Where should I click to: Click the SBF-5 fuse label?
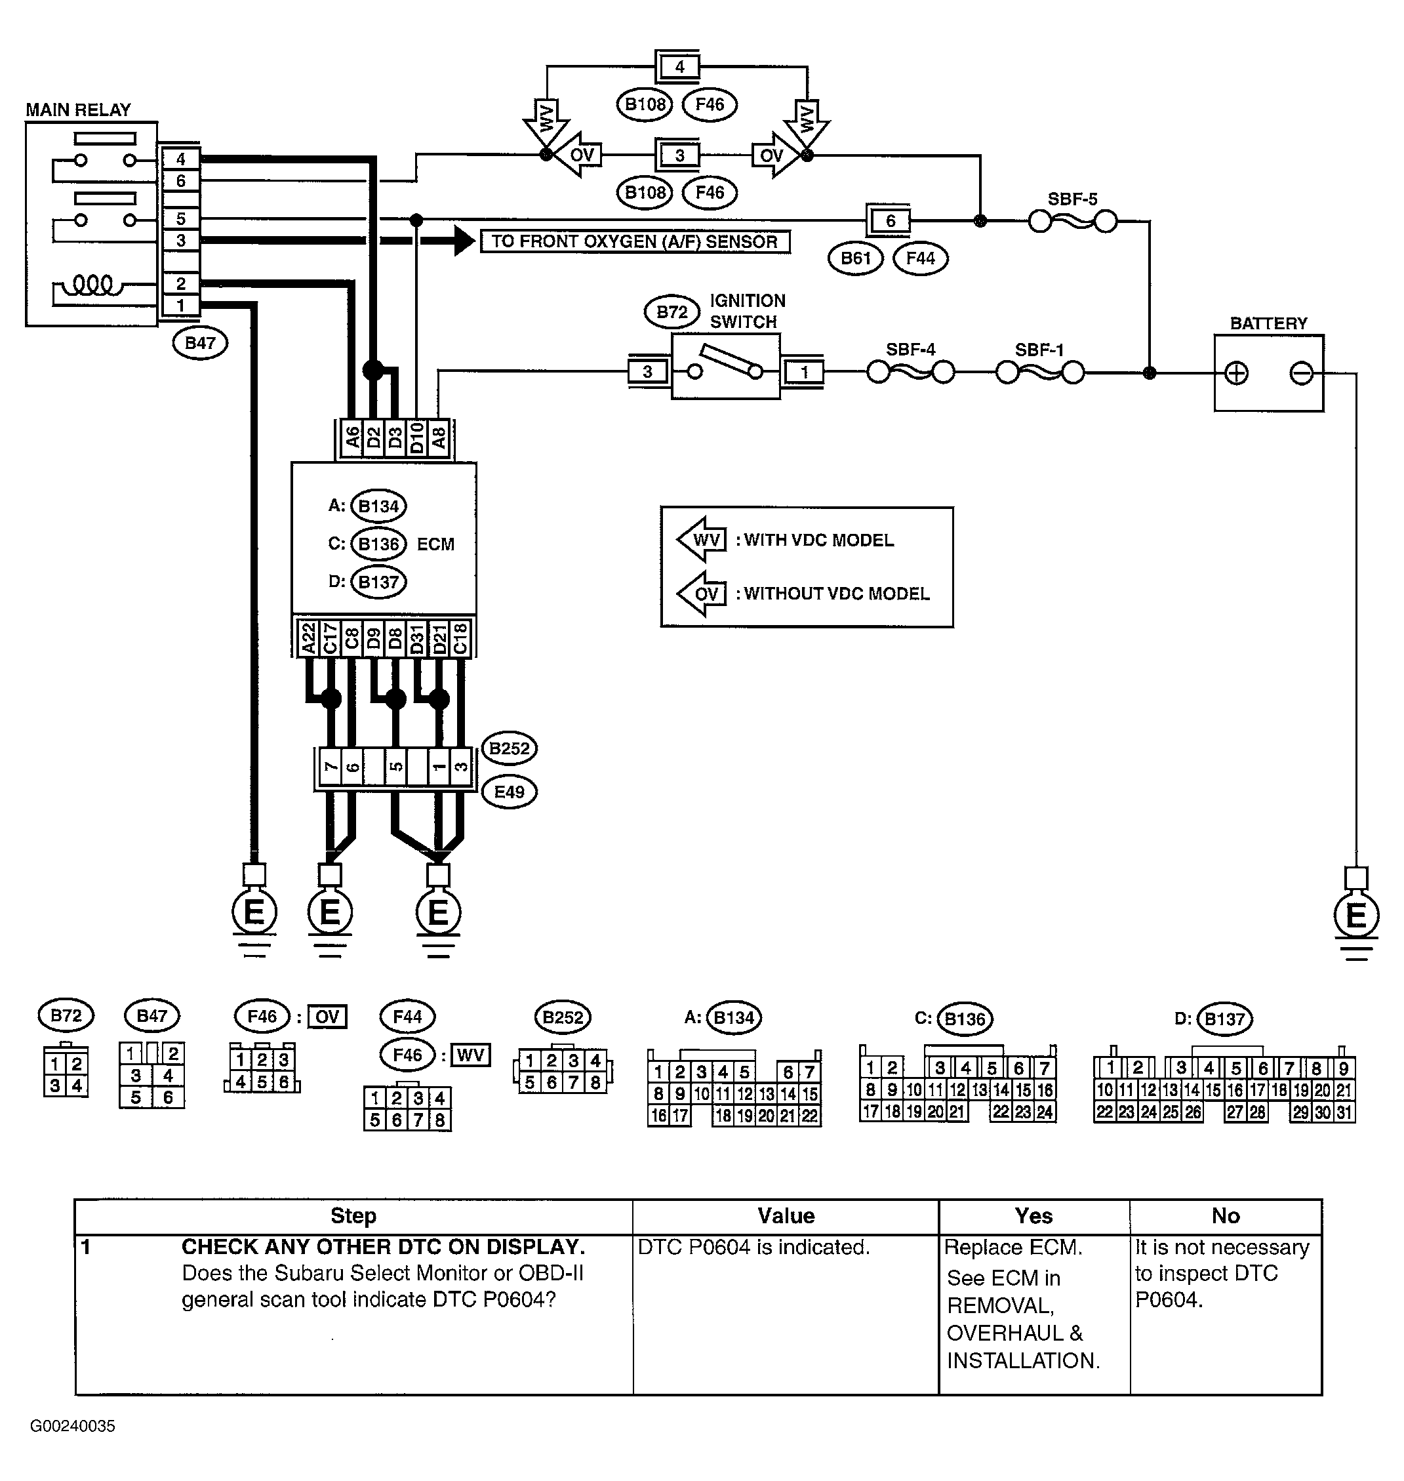(1072, 199)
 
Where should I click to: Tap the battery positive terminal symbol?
(1236, 373)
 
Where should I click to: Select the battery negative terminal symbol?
(1302, 373)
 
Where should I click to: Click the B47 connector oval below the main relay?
(200, 343)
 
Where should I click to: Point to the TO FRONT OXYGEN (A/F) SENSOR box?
(635, 242)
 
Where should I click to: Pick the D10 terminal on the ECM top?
(417, 437)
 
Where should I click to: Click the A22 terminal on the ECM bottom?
(308, 638)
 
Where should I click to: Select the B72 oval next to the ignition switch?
(672, 312)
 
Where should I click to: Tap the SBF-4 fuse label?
(910, 350)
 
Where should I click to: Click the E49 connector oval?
(510, 792)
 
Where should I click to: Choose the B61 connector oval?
(855, 258)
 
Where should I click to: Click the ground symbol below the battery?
(1356, 916)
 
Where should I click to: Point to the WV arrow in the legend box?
(702, 540)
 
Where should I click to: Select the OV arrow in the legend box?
(702, 594)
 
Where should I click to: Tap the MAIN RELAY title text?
(78, 110)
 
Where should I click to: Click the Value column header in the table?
(785, 1216)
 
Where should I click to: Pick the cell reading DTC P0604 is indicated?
(753, 1248)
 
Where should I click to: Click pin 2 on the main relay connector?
(181, 283)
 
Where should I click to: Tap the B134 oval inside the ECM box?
(378, 506)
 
